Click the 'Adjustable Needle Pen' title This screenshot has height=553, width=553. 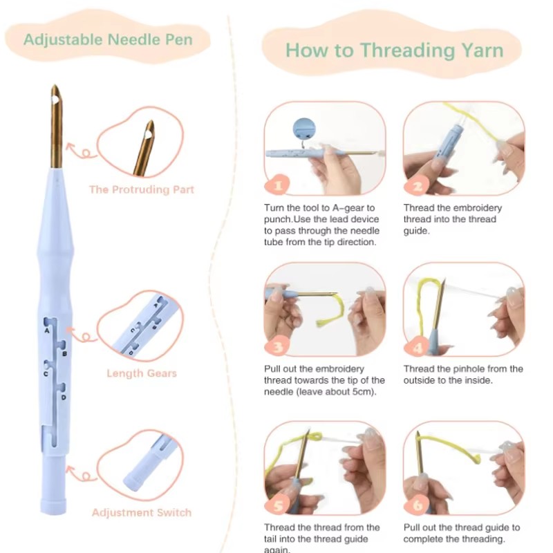pyautogui.click(x=108, y=39)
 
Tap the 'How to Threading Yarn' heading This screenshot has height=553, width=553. pyautogui.click(x=394, y=50)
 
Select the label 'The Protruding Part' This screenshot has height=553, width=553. pyautogui.click(x=142, y=189)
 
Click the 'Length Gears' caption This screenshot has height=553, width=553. pyautogui.click(x=142, y=373)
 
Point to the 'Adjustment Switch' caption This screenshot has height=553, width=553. pyautogui.click(x=142, y=512)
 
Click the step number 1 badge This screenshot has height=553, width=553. pyautogui.click(x=278, y=185)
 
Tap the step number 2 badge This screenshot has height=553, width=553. pyautogui.click(x=418, y=185)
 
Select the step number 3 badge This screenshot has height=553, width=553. pyautogui.click(x=278, y=346)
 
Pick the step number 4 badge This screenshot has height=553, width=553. pyautogui.click(x=418, y=347)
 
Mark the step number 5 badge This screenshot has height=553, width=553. pyautogui.click(x=278, y=505)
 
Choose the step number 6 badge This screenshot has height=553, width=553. pyautogui.click(x=418, y=505)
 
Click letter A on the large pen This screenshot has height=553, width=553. pyautogui.click(x=46, y=331)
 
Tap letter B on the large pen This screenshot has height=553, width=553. pyautogui.click(x=64, y=353)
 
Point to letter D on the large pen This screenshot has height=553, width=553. pyautogui.click(x=64, y=397)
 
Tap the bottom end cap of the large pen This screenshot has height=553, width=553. pyautogui.click(x=54, y=505)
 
